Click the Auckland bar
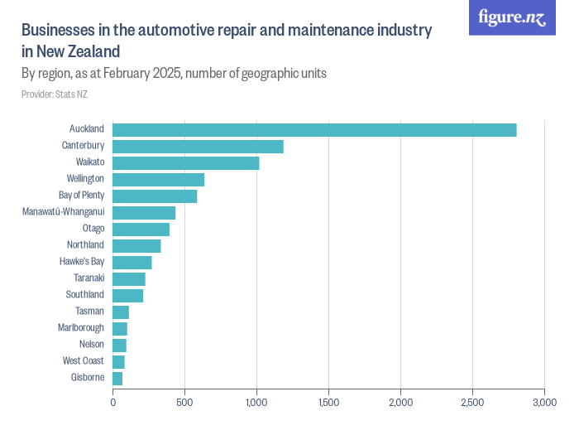[x=314, y=130]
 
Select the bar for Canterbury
[x=198, y=147]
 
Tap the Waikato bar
[x=186, y=163]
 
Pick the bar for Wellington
[x=158, y=180]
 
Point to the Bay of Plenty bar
[x=155, y=196]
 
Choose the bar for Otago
[x=141, y=230]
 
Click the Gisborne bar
[x=117, y=379]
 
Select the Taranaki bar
[x=129, y=279]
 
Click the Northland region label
[x=85, y=245]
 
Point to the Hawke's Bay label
[x=82, y=262]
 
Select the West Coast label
[x=83, y=361]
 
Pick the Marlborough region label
[x=81, y=328]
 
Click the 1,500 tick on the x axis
[x=328, y=403]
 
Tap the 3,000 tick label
[x=543, y=403]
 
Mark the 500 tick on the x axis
[x=184, y=403]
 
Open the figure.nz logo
[x=512, y=17]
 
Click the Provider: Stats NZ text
[x=55, y=94]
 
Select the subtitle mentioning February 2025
[x=174, y=73]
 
